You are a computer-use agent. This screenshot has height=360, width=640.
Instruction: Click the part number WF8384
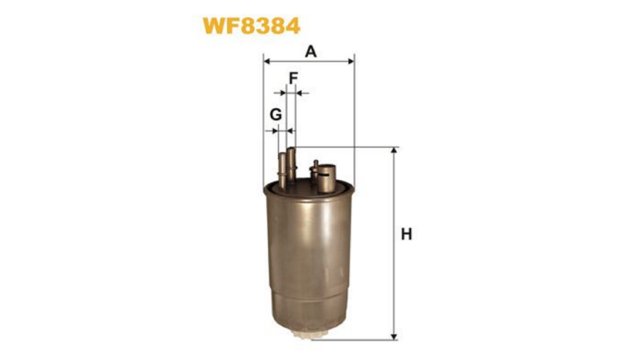click(252, 26)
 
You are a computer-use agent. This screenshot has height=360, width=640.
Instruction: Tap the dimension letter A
click(311, 52)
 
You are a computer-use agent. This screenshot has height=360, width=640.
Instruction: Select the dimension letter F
click(293, 78)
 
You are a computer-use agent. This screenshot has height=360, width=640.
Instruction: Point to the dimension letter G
click(276, 115)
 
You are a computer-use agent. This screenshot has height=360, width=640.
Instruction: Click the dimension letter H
click(406, 234)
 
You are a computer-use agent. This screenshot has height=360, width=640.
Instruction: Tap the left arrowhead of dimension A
click(267, 62)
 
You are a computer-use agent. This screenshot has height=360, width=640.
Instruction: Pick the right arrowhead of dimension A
click(351, 62)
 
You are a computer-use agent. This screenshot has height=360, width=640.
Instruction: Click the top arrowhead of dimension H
click(393, 151)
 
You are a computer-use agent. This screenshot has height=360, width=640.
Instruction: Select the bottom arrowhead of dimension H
click(393, 336)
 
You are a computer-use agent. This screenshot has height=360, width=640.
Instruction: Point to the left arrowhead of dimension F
click(282, 93)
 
